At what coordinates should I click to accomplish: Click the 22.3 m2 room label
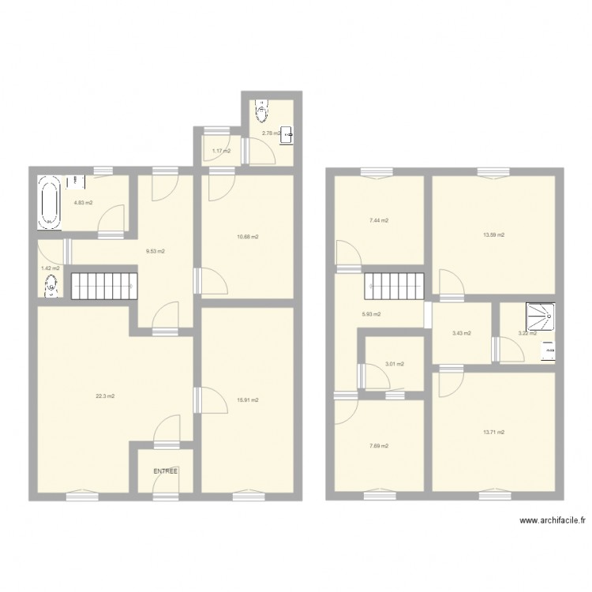[105, 396]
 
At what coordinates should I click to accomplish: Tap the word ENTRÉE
[166, 471]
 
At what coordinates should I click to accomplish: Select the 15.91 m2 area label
[248, 400]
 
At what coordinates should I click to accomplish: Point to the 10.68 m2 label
[249, 237]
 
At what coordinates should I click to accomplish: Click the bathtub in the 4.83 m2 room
[50, 202]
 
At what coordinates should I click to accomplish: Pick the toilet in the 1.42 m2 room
[51, 289]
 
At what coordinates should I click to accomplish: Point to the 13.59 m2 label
[494, 234]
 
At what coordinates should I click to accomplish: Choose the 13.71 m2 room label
[494, 432]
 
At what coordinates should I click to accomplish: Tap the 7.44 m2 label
[378, 221]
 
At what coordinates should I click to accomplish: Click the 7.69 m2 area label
[378, 446]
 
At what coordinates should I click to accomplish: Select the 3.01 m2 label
[394, 364]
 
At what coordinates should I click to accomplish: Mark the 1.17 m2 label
[220, 151]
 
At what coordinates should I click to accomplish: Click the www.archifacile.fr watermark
[553, 521]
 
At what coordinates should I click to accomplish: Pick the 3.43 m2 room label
[462, 333]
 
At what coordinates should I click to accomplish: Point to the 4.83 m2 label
[83, 203]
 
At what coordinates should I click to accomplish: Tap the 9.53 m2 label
[155, 252]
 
